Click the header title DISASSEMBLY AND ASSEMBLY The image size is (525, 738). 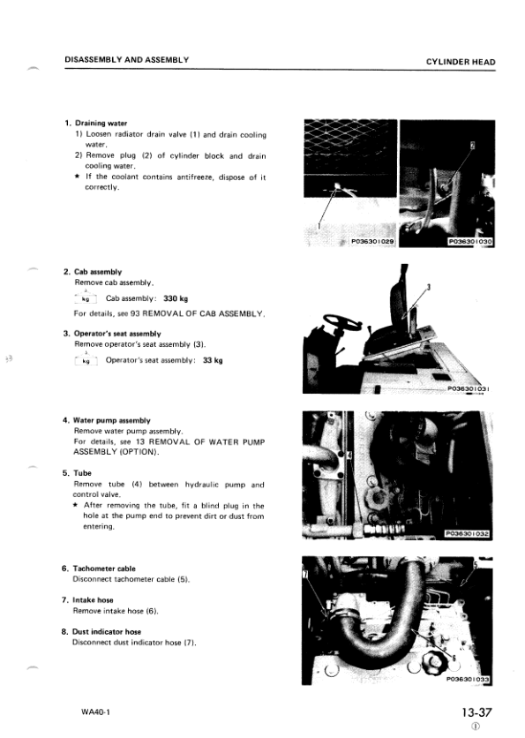coord(126,60)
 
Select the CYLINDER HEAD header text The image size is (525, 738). coord(461,62)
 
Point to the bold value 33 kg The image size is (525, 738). coord(213,360)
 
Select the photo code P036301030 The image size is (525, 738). coord(470,242)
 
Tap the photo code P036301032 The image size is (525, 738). coord(468,534)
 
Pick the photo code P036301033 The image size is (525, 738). coord(468,679)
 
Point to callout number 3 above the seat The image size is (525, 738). coord(429,287)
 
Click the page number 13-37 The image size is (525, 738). coord(476,712)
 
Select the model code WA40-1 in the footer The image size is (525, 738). coord(95,712)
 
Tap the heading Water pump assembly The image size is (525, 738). coord(112,420)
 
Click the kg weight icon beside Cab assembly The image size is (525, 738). coord(86,297)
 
